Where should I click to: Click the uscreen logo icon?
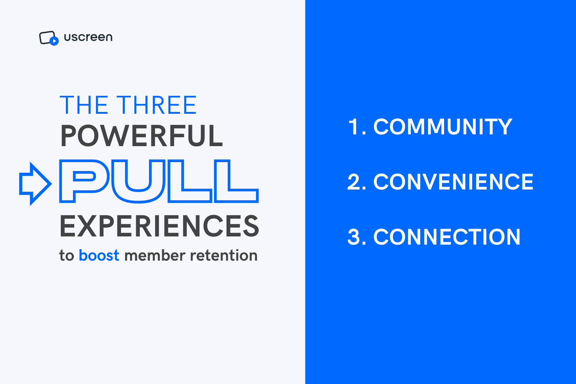coord(48,38)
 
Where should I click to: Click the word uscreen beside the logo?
coord(88,37)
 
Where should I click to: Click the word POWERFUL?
coord(142,136)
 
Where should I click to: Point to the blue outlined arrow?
coord(35,183)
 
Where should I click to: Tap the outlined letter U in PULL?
coord(138,181)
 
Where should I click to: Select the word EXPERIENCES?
coord(159,226)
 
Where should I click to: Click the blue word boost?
coord(99,256)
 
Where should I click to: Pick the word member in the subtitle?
coord(155,256)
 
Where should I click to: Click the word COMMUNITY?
coord(442,127)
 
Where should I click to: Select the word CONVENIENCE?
coord(453,182)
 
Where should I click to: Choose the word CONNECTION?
coord(447,237)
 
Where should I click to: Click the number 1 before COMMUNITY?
coord(354,127)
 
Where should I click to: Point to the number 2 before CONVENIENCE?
coord(354,182)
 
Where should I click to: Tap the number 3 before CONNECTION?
coord(354,237)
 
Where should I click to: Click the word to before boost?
coord(66,256)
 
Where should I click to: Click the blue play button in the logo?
coord(54,41)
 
